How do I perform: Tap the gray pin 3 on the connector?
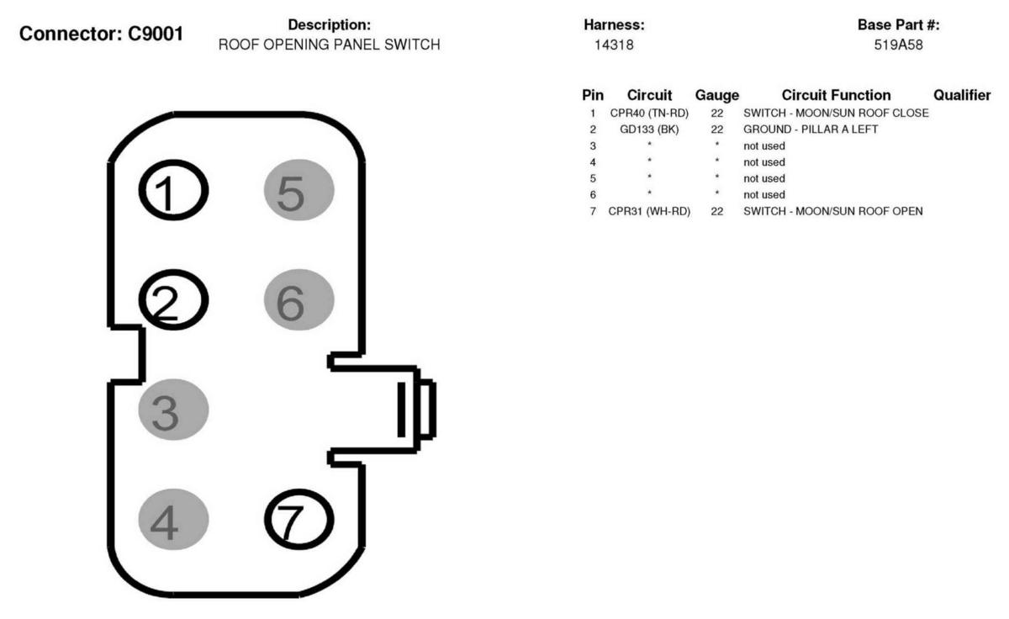click(173, 410)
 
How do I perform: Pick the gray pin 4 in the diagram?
click(173, 520)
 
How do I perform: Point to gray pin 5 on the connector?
click(299, 190)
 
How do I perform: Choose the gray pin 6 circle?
click(299, 299)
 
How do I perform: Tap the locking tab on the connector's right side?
click(417, 409)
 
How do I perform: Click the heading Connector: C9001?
click(102, 34)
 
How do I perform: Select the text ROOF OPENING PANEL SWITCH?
click(330, 45)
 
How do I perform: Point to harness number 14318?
click(614, 45)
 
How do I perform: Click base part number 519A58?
click(898, 45)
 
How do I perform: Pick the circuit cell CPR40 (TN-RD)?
click(649, 113)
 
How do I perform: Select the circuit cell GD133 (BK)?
click(649, 130)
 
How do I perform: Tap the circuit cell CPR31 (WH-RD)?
click(649, 211)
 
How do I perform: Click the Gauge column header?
click(717, 95)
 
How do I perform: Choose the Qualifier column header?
click(962, 95)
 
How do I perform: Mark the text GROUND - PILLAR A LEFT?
click(811, 130)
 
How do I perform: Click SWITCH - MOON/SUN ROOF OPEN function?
click(833, 211)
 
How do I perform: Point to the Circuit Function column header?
click(836, 95)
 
